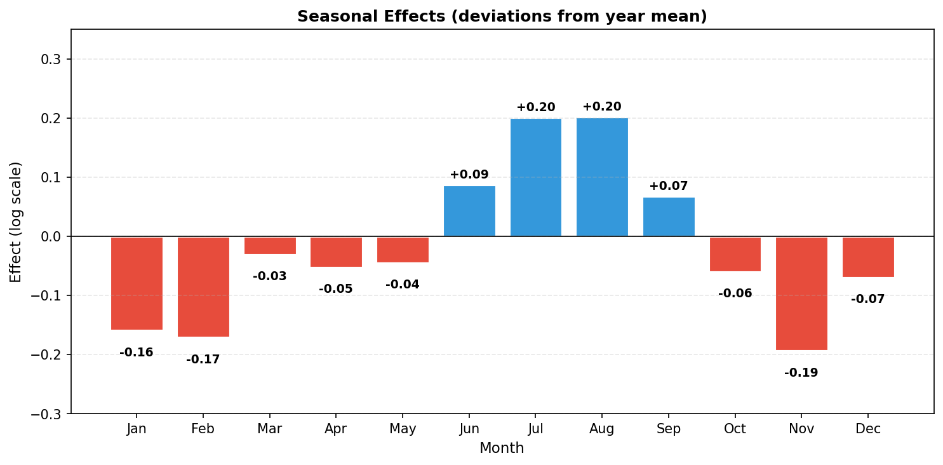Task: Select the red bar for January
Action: click(137, 283)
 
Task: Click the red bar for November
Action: click(801, 293)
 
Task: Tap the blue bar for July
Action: click(535, 177)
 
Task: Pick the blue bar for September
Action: click(669, 217)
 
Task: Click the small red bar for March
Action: click(270, 246)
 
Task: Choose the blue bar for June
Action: click(469, 211)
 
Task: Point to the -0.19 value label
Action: click(801, 373)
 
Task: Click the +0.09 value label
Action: click(469, 175)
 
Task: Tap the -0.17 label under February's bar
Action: click(203, 360)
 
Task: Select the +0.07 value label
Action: click(669, 186)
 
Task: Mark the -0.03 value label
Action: click(270, 276)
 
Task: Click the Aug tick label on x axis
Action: click(602, 429)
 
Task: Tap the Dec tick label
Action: click(868, 429)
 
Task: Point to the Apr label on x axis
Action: click(336, 429)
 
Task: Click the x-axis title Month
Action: click(502, 448)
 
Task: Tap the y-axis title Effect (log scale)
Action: click(16, 222)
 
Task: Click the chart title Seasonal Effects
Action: click(502, 17)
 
